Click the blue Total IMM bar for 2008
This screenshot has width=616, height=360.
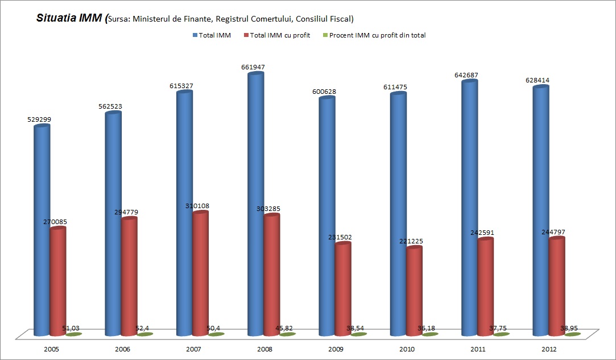tap(255, 205)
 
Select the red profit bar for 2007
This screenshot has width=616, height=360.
tap(200, 273)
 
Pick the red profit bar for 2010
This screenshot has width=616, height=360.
tap(414, 290)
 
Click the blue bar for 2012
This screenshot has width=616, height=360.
tap(540, 210)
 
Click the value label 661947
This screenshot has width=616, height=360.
tap(253, 67)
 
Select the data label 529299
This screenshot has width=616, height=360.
tap(39, 119)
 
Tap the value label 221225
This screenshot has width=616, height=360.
tap(411, 241)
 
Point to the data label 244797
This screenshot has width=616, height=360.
tap(554, 232)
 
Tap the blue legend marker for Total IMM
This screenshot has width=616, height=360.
tap(195, 35)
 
